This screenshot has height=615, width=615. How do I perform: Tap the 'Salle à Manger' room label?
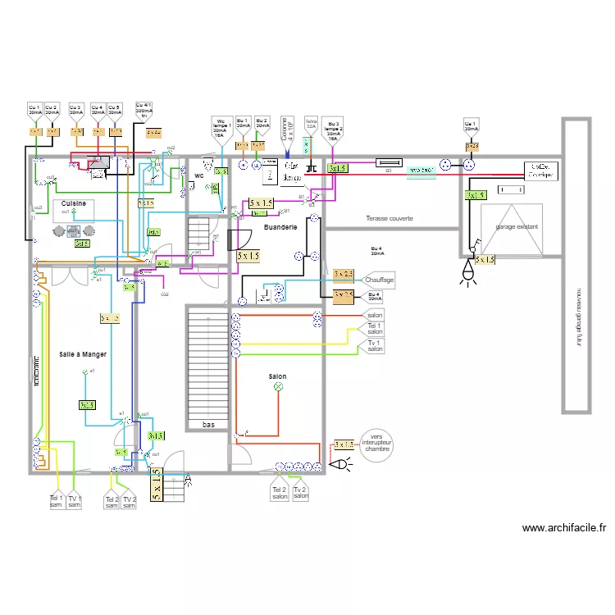tap(83, 353)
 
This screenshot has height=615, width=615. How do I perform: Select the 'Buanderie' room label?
tap(280, 226)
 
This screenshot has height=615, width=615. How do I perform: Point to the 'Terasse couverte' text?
tap(389, 219)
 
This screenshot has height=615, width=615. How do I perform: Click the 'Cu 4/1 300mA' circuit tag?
tap(143, 110)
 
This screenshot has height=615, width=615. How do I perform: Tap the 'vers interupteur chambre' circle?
tap(376, 444)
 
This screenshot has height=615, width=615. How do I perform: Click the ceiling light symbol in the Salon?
tap(277, 385)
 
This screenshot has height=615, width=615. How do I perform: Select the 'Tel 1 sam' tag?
tap(56, 501)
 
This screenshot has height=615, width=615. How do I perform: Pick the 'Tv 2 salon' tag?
tap(301, 492)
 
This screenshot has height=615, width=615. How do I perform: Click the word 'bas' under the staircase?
tap(209, 425)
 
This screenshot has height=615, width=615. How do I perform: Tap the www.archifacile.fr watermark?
tap(563, 528)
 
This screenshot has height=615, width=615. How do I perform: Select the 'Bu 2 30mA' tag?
tap(262, 124)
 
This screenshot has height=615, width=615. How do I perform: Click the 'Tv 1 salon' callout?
tap(375, 344)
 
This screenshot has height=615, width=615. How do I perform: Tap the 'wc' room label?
tap(198, 175)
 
